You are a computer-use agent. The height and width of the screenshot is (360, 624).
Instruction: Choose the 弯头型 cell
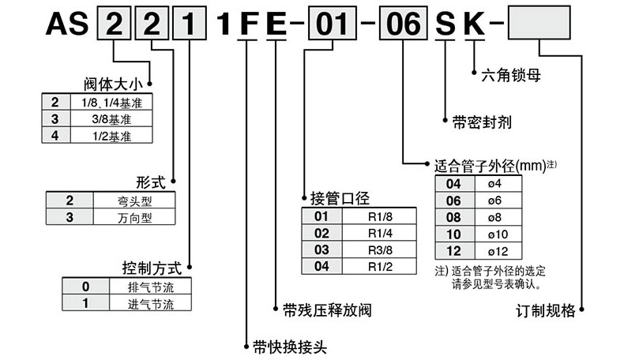(132, 200)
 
